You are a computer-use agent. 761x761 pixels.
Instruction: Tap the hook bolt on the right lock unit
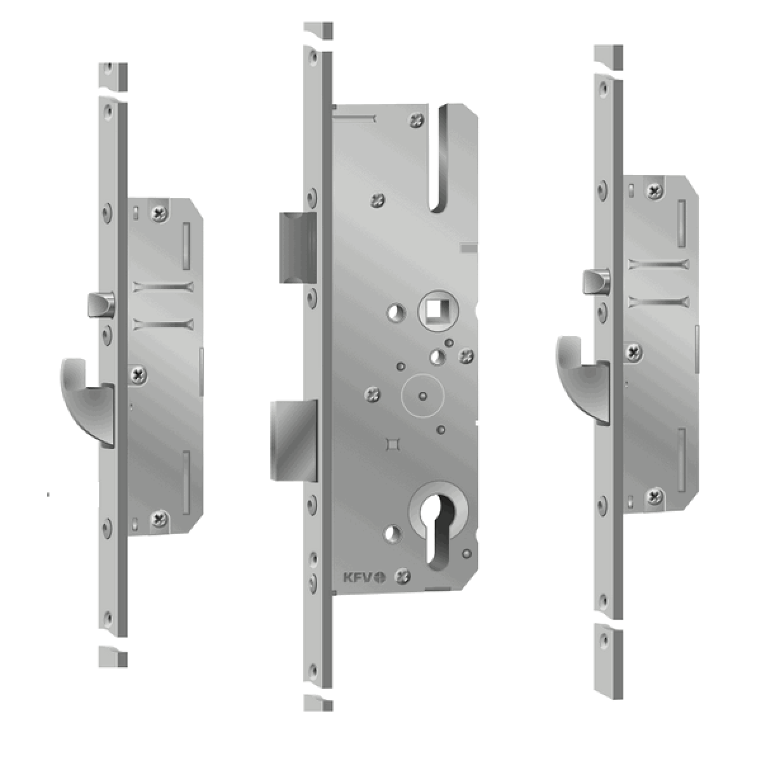pyautogui.click(x=582, y=374)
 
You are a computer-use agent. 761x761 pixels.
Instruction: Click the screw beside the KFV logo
pyautogui.click(x=403, y=576)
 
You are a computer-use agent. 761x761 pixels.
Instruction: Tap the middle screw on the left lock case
pyautogui.click(x=138, y=375)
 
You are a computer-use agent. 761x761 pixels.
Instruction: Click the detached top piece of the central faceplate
pyautogui.click(x=318, y=30)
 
